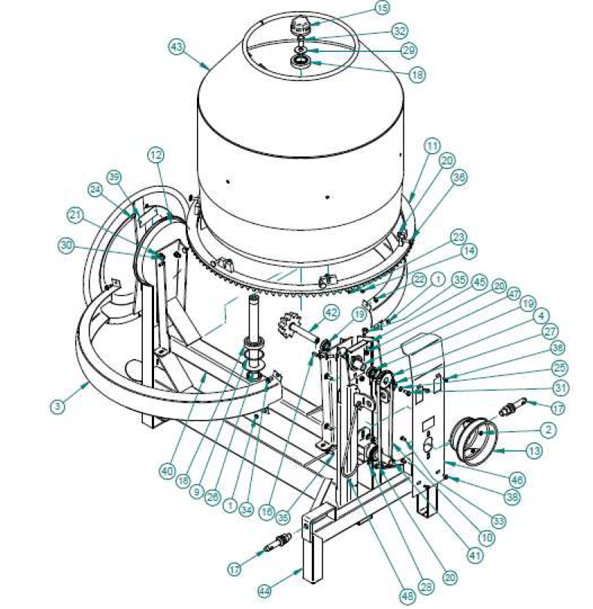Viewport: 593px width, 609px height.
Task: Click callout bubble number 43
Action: (176, 47)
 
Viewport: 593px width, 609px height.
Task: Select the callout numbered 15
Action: (383, 9)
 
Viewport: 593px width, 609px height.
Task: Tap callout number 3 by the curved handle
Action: (56, 406)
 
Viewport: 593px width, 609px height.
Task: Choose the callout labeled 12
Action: (155, 155)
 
